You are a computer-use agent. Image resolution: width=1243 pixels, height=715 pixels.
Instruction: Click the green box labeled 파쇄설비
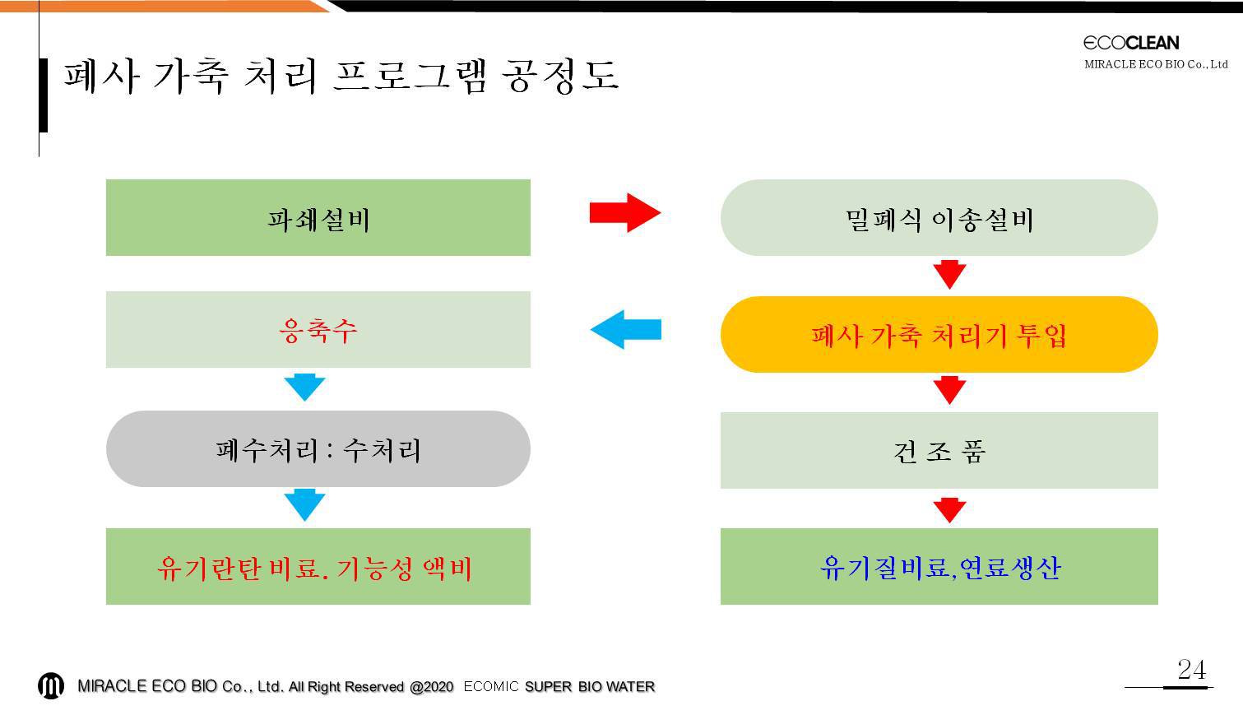click(x=318, y=217)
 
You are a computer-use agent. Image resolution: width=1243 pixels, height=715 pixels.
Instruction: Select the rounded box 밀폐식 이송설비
click(x=939, y=217)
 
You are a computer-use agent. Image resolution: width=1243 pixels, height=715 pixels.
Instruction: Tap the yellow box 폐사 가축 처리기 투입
click(x=939, y=334)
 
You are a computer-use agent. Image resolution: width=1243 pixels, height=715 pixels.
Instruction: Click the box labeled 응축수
click(x=318, y=330)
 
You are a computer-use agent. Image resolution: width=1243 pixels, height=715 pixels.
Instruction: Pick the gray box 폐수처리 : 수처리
click(x=318, y=449)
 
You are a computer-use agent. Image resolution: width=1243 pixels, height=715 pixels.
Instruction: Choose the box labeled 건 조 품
click(x=939, y=450)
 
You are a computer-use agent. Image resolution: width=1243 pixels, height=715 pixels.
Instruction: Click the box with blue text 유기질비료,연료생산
click(x=939, y=566)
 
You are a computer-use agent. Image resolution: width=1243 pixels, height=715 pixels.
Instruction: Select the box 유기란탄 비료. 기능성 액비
click(x=318, y=566)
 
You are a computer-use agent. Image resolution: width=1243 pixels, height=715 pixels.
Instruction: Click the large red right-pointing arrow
click(x=625, y=212)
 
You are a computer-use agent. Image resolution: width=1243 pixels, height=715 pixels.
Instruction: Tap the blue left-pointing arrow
click(x=626, y=330)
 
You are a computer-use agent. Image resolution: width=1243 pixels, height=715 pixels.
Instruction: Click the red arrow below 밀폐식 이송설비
click(x=949, y=275)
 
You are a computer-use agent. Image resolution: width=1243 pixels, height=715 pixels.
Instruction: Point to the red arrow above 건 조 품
click(x=949, y=390)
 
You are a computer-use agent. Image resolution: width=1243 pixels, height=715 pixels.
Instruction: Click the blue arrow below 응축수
click(x=304, y=388)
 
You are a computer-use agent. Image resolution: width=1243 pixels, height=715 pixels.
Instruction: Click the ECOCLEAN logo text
click(x=1131, y=43)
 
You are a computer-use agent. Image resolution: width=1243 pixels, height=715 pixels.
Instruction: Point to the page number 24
click(x=1191, y=670)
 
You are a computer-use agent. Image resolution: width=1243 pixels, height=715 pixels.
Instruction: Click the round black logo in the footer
click(x=51, y=685)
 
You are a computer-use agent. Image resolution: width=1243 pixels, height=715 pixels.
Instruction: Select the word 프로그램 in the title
click(x=410, y=76)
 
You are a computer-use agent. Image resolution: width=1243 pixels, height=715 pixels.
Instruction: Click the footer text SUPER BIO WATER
click(x=590, y=687)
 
